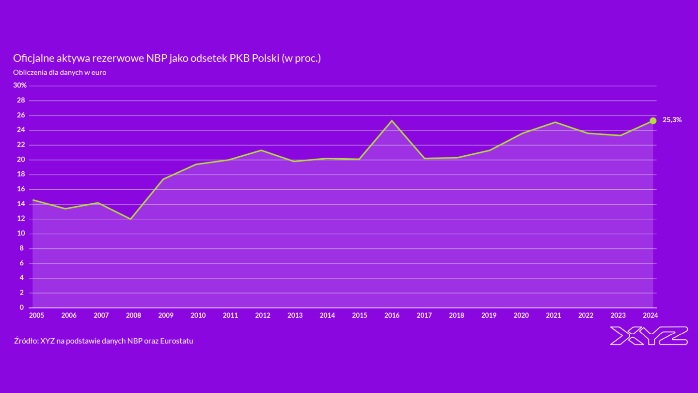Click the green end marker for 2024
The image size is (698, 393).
coord(653,120)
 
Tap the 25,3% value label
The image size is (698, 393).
coord(672,120)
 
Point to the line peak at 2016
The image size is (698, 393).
coord(392,120)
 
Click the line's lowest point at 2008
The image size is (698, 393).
coord(130,219)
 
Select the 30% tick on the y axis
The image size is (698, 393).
coord(20,85)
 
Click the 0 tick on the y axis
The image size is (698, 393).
coord(22,308)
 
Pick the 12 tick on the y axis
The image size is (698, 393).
coord(20,219)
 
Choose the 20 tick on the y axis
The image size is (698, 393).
coord(20,160)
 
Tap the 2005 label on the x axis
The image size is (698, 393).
coord(36,315)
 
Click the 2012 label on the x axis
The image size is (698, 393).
coord(263,315)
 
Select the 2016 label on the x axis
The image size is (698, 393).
coord(392,315)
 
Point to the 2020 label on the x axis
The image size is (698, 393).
coord(521,315)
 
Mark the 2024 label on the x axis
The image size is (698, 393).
coord(650,315)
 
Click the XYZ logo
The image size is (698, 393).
coord(649,336)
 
